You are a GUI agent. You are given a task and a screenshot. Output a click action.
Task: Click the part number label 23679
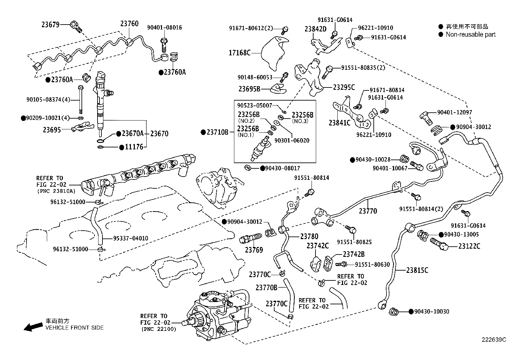pyautogui.click(x=50, y=24)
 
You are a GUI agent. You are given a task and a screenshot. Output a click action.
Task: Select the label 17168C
pyautogui.click(x=240, y=52)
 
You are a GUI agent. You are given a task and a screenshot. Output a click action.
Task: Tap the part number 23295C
pyautogui.click(x=344, y=87)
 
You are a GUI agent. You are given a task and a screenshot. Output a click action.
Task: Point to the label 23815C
pyautogui.click(x=417, y=270)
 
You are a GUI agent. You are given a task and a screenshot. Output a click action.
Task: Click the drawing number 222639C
pyautogui.click(x=494, y=340)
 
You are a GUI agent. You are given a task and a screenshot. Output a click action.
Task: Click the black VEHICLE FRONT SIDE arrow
pyautogui.click(x=33, y=327)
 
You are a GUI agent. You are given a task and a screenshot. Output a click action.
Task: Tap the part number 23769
pyautogui.click(x=254, y=250)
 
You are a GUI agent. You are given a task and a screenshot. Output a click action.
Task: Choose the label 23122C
pyautogui.click(x=469, y=246)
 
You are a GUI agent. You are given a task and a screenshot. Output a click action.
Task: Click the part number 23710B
pyautogui.click(x=217, y=132)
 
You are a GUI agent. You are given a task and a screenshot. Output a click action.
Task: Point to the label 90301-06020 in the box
pyautogui.click(x=292, y=141)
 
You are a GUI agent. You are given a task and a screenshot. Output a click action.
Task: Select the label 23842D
pyautogui.click(x=315, y=29)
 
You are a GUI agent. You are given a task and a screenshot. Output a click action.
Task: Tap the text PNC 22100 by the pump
pyautogui.click(x=158, y=329)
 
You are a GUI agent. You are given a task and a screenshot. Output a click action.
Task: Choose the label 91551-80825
pyautogui.click(x=354, y=242)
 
